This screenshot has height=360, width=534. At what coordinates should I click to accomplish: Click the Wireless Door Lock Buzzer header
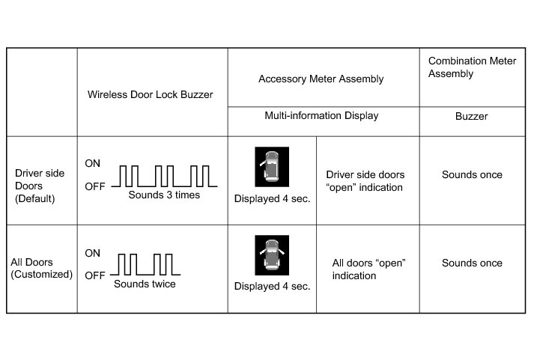click(150, 94)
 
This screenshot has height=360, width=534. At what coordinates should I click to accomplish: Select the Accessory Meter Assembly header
click(321, 79)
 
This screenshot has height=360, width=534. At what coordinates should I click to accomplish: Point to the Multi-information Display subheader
click(321, 116)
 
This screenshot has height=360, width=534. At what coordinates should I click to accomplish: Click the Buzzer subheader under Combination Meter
click(473, 117)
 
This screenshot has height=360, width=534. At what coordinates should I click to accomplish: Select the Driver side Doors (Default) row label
click(40, 186)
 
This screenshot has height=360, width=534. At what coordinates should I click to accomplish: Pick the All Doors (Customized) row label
click(41, 268)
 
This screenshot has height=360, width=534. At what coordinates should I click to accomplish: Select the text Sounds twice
click(145, 284)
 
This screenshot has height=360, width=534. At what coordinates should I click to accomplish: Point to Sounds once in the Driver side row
click(472, 174)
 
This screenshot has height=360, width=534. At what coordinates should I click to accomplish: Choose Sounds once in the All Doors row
click(472, 263)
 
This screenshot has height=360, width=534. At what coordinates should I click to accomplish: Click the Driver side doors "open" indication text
click(364, 180)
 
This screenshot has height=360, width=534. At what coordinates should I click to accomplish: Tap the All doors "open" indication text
click(368, 269)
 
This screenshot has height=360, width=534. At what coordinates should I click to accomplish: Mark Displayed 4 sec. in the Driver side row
click(272, 199)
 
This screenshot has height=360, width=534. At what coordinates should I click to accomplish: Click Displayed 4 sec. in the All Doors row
click(272, 287)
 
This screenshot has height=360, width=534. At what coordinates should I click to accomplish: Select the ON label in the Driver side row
click(93, 162)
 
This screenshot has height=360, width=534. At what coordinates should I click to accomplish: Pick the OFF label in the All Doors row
click(94, 275)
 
